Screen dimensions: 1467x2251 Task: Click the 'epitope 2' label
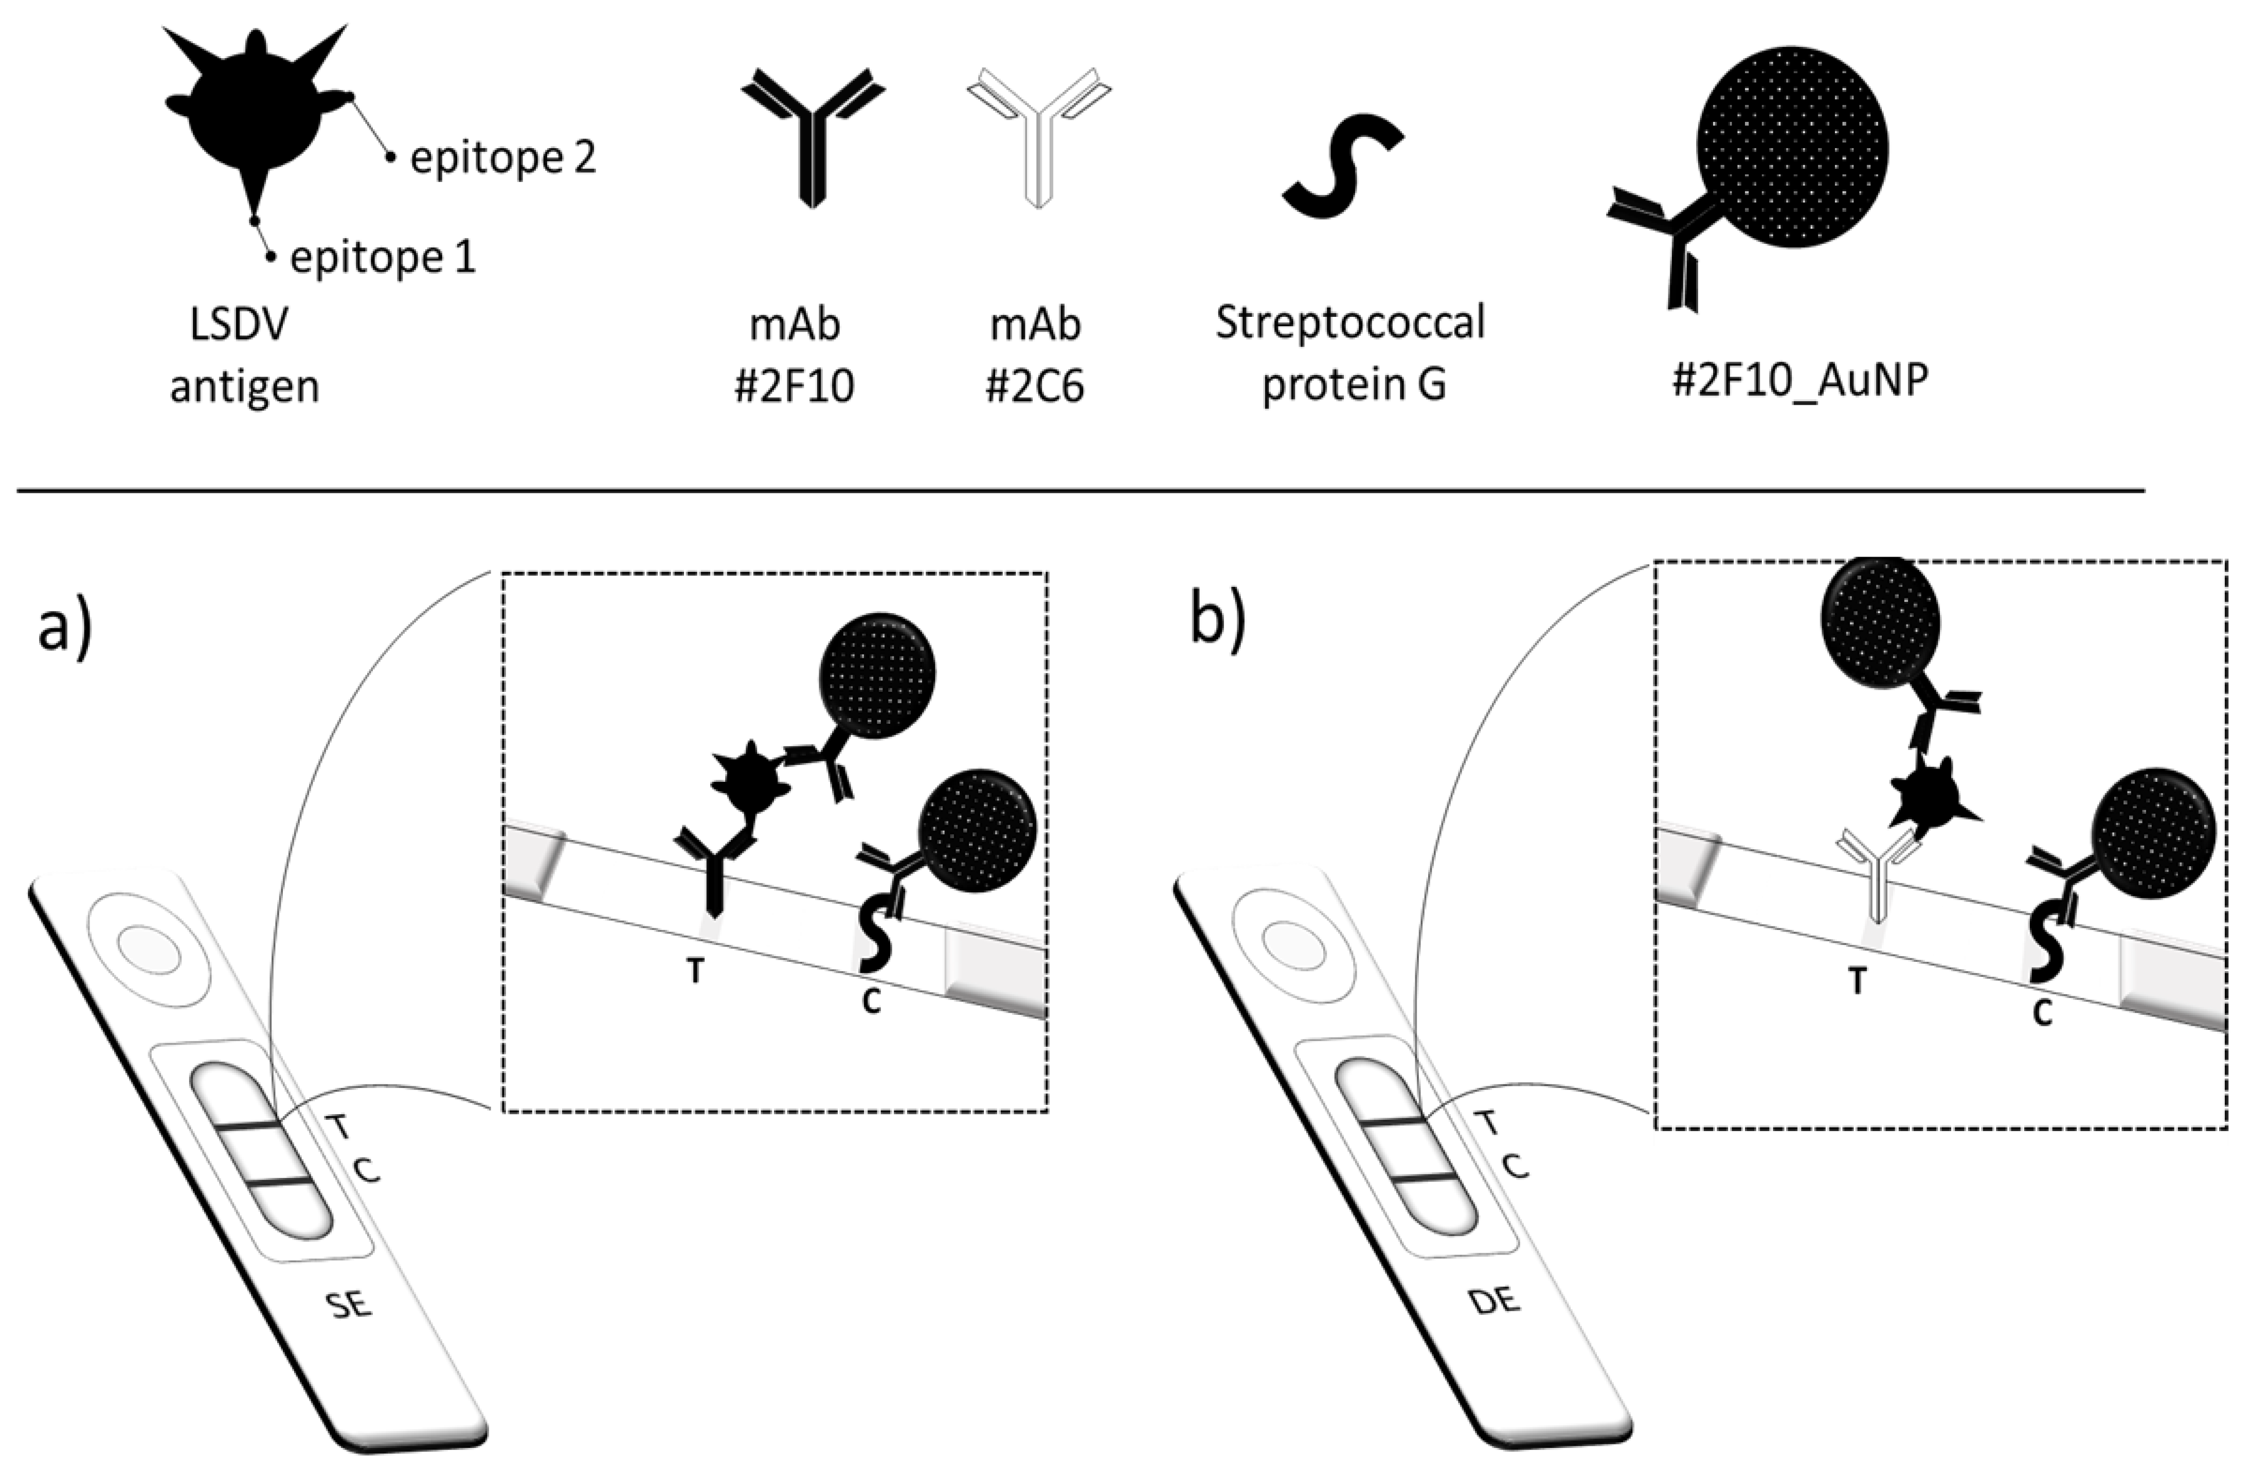[502, 157]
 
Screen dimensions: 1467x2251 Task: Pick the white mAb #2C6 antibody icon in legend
[1038, 132]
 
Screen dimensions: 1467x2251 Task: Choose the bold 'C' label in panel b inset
[2042, 1014]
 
